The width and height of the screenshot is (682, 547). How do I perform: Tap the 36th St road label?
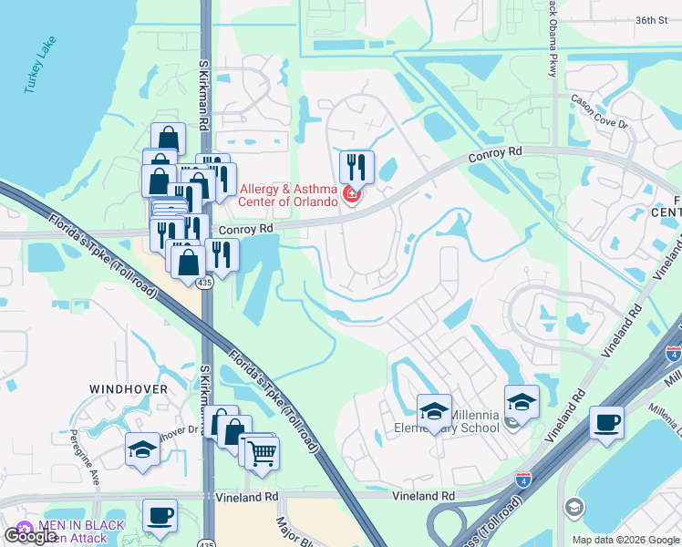pos(652,20)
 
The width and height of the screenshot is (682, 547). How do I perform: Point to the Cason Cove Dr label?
pos(599,110)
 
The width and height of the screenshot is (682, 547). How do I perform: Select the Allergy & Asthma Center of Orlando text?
pos(289,195)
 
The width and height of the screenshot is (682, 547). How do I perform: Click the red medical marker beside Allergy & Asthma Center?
pos(352,193)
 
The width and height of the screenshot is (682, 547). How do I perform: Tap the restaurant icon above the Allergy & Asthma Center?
pos(356,167)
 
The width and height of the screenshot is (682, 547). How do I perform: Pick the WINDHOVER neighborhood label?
pos(129,389)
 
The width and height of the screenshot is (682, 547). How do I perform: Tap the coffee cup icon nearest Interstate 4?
pos(606,423)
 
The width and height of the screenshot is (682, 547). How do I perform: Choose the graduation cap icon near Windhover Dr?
pos(142,449)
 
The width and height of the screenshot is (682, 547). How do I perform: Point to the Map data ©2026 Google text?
pos(625,540)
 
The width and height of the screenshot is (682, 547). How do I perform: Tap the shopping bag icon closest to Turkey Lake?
pos(168,139)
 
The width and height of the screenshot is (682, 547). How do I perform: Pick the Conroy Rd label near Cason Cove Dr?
pos(495,156)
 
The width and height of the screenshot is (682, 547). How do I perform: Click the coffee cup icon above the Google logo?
pos(160,515)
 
